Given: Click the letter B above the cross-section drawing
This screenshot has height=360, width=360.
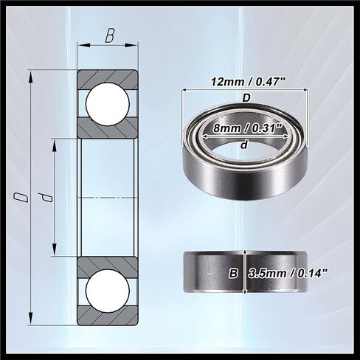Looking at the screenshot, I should coord(109,35).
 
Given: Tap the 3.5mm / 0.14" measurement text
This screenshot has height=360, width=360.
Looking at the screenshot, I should coord(288,272).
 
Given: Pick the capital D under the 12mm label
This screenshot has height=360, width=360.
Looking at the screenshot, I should coord(246,97).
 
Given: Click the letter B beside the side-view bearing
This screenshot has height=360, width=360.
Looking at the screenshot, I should coord(233,272).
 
